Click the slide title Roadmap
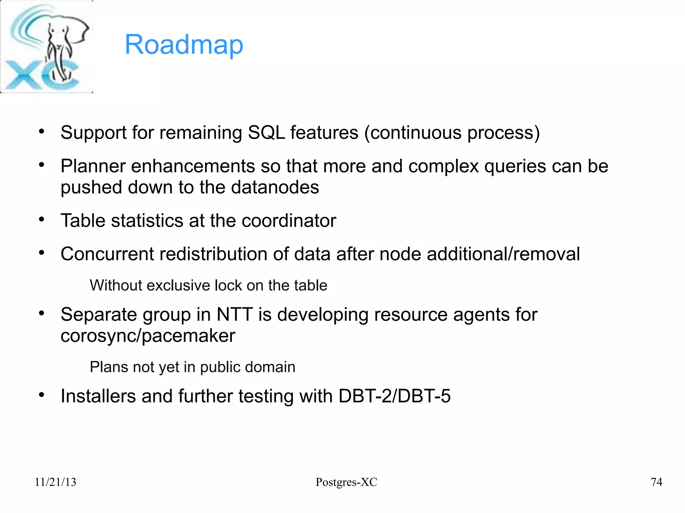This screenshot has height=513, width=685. tap(184, 45)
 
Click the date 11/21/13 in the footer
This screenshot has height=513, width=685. tap(56, 482)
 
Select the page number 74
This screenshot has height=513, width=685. tap(656, 482)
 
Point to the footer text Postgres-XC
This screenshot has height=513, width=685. tap(346, 482)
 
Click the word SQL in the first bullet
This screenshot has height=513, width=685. tap(266, 133)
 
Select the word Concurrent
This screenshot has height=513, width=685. tap(107, 254)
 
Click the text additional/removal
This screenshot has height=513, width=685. tap(503, 254)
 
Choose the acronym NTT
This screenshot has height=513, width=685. tap(234, 314)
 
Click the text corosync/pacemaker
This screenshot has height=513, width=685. tap(148, 336)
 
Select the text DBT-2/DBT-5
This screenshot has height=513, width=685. tap(394, 396)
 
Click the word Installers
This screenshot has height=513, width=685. tap(98, 396)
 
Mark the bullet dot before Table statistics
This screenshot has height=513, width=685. tap(41, 220)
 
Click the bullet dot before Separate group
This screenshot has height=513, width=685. tap(41, 313)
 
